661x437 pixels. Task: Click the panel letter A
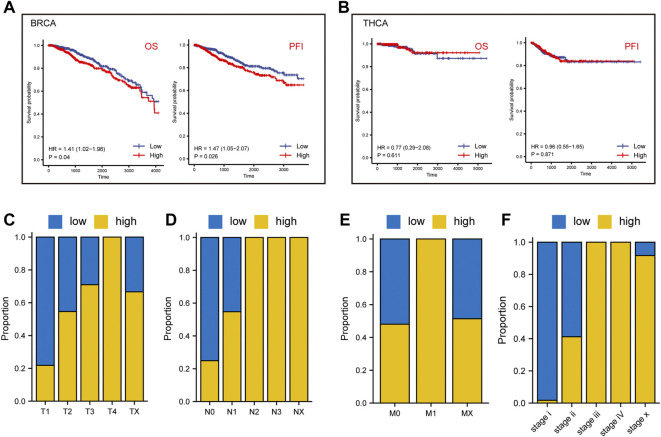tap(8, 10)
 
